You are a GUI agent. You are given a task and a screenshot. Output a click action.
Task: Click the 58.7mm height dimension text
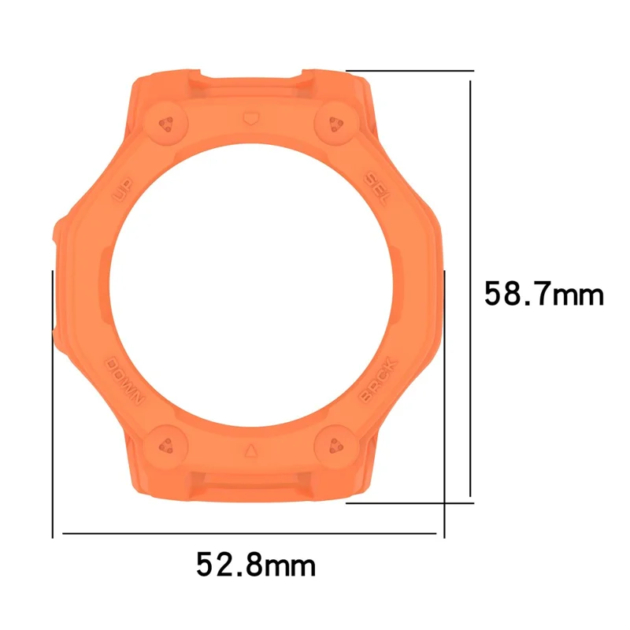543,295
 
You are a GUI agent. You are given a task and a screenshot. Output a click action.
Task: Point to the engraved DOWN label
126,378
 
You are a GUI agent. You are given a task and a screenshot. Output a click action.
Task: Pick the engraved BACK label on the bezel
379,380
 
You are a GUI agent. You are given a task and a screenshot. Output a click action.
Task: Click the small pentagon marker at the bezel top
250,117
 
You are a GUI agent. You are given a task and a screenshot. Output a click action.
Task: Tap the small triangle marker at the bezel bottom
250,451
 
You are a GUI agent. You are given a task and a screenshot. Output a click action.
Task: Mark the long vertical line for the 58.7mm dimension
471,283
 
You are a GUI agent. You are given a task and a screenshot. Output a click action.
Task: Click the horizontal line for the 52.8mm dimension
249,533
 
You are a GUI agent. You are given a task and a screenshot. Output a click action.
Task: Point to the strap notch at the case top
250,79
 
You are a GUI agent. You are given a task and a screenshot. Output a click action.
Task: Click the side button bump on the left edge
58,236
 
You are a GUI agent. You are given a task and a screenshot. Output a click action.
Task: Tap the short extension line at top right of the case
409,70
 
